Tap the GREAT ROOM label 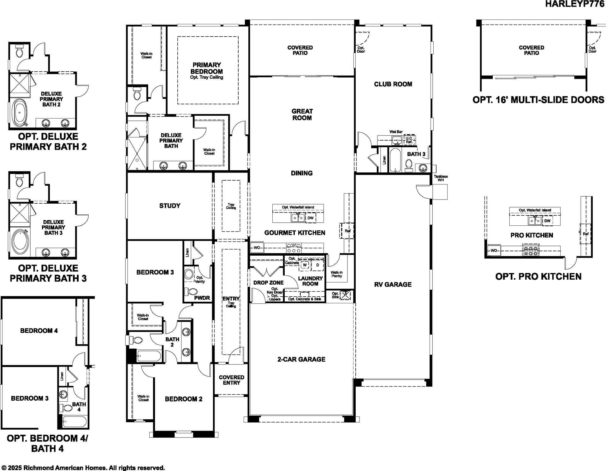pos(302,114)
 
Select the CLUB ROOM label pos(393,84)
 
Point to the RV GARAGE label pos(393,284)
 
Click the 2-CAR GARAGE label pos(301,359)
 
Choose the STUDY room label pos(170,206)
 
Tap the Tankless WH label pos(441,178)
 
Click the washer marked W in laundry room pos(305,265)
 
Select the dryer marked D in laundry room pos(318,265)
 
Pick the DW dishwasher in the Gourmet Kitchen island pos(311,218)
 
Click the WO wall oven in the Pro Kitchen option pos(494,251)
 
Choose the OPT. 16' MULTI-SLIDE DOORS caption pos(538,100)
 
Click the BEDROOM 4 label pos(39,331)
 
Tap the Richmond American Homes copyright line pos(83,468)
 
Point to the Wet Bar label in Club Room pos(396,132)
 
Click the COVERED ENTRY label pos(232,380)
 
